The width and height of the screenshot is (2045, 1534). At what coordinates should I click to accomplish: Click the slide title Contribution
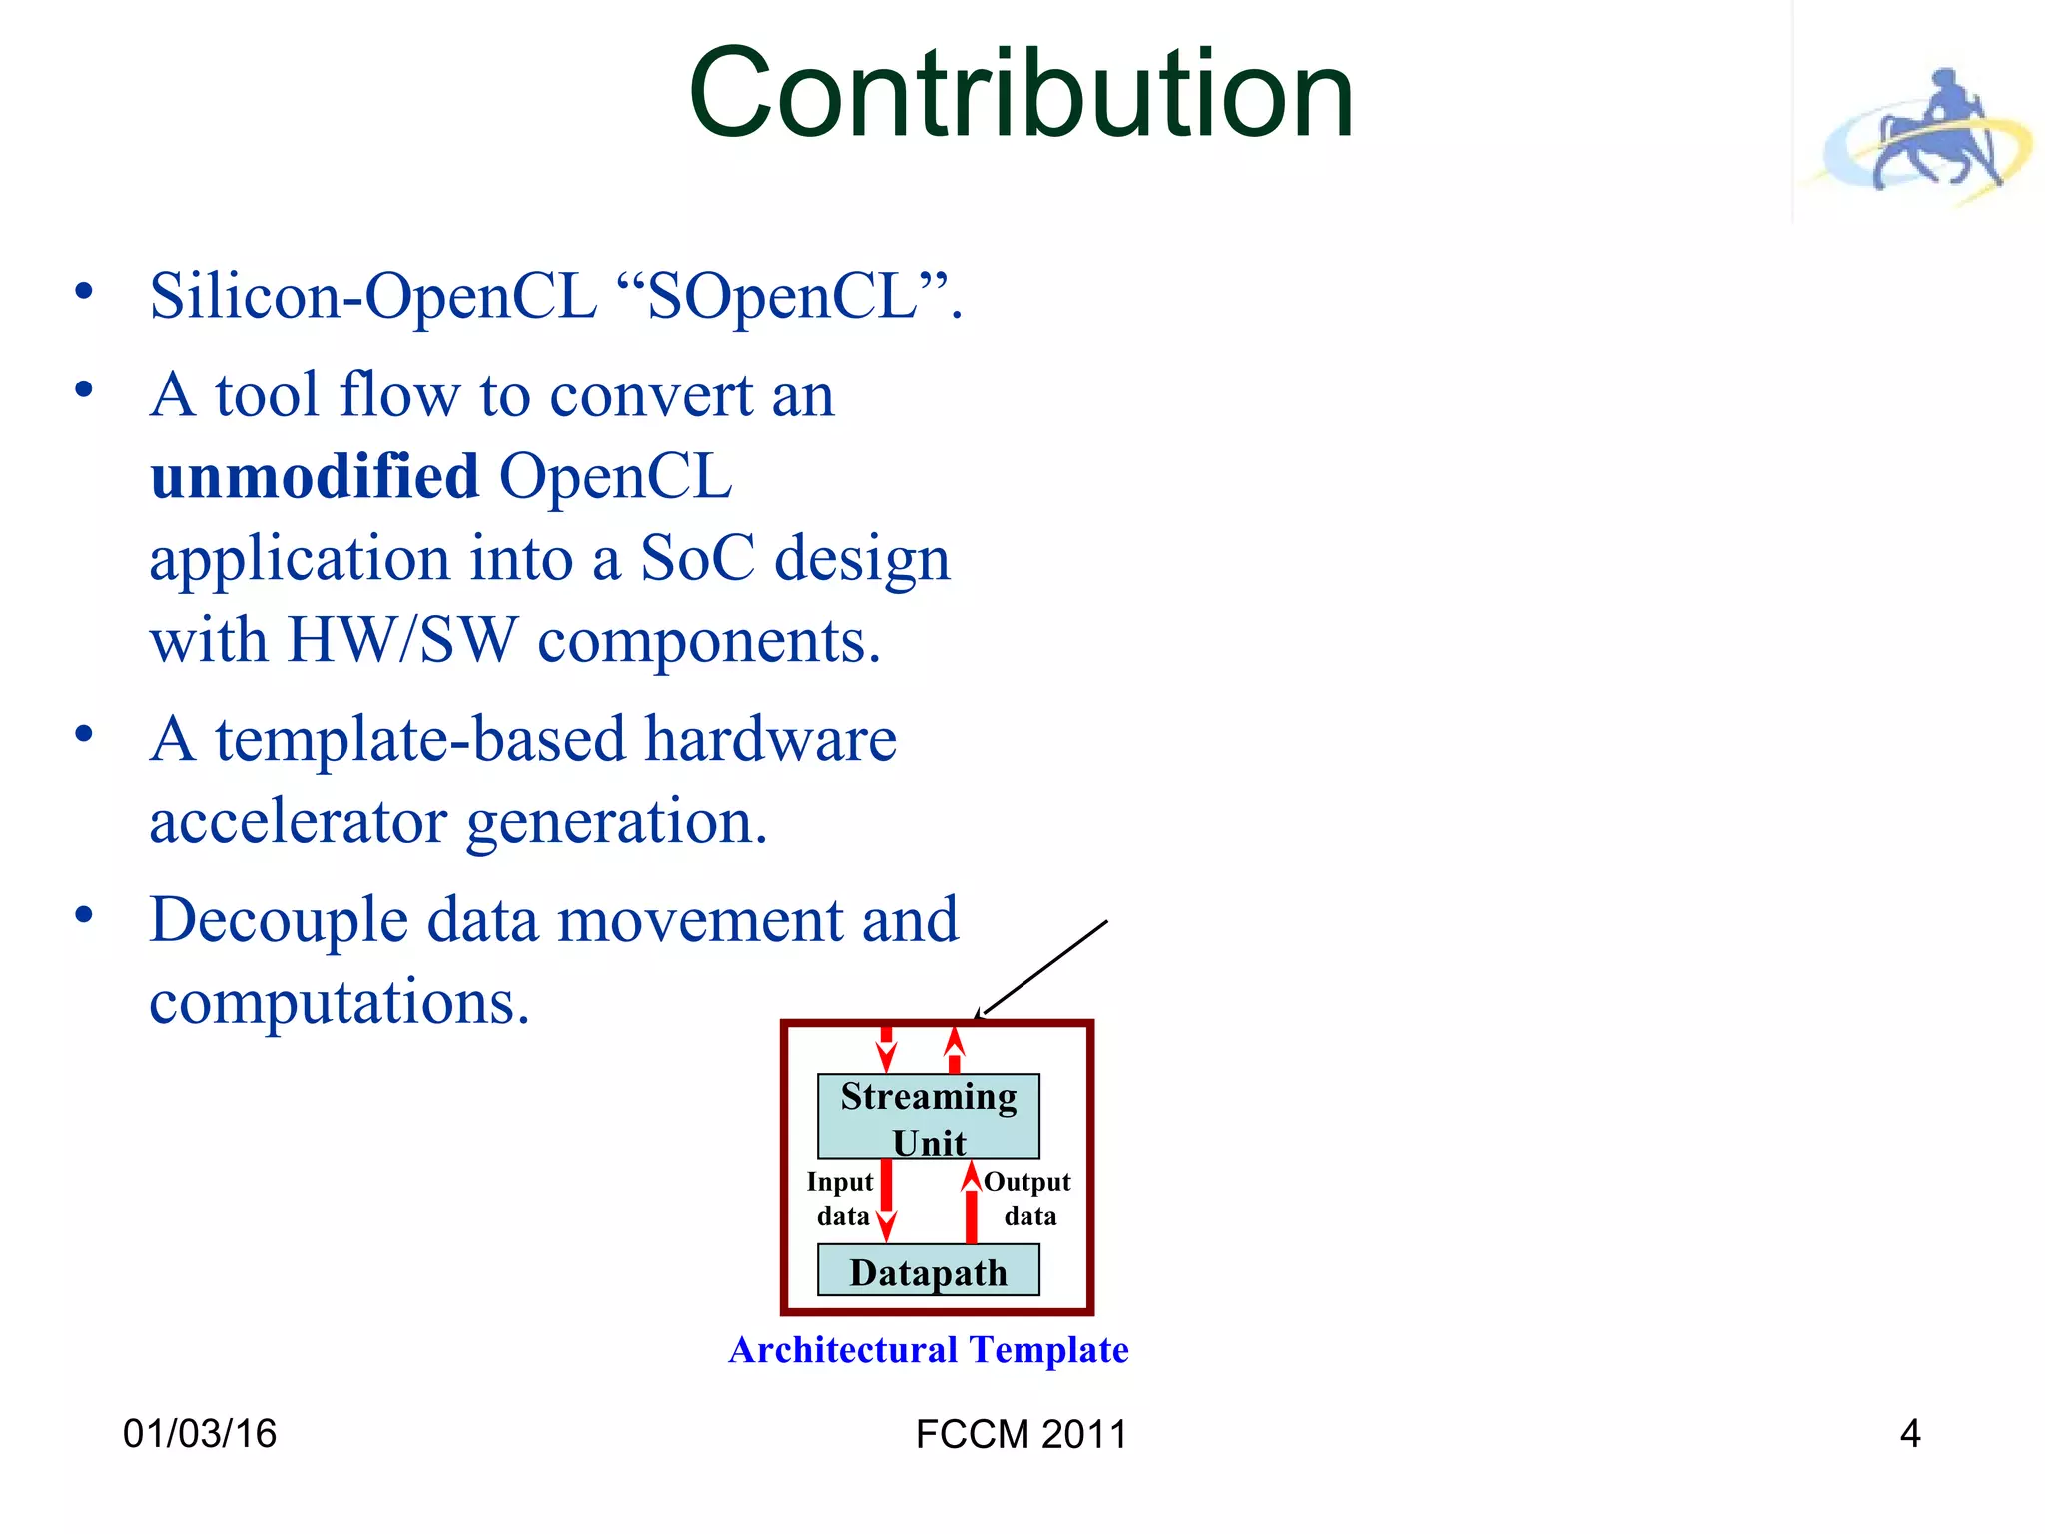tap(1021, 95)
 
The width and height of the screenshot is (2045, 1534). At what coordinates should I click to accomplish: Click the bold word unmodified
tap(315, 476)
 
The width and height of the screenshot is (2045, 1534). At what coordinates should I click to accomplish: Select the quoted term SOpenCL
tap(782, 297)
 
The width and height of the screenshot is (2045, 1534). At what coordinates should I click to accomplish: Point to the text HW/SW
tap(402, 640)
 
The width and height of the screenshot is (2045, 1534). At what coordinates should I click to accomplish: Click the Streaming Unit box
tap(928, 1118)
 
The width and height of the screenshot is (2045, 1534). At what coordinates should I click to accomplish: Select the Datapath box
tap(928, 1271)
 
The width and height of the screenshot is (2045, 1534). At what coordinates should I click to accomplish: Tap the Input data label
tap(840, 1198)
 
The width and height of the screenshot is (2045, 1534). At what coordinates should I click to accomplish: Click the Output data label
tap(1027, 1198)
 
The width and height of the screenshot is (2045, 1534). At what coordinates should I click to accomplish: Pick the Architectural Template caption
tap(928, 1350)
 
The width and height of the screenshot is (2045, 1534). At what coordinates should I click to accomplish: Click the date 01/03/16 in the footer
tap(199, 1434)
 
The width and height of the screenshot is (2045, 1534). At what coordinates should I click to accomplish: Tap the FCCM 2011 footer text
tap(1021, 1435)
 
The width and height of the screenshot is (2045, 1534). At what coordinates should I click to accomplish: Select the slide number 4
tap(1909, 1434)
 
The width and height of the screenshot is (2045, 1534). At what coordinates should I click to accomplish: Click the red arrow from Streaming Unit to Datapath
tap(886, 1198)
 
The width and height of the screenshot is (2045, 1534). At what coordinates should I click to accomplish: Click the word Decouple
tap(278, 920)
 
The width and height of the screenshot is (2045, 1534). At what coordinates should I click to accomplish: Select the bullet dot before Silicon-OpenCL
tap(84, 292)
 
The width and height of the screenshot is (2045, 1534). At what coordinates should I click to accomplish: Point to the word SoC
tap(697, 558)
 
